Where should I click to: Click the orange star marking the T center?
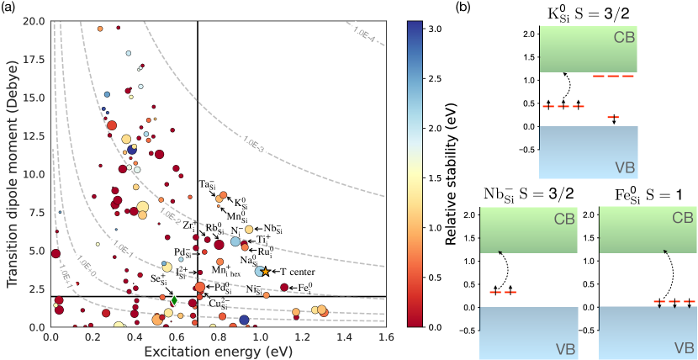pyautogui.click(x=267, y=272)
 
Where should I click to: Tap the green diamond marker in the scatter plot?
pyautogui.click(x=174, y=300)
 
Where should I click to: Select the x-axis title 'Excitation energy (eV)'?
pyautogui.click(x=217, y=349)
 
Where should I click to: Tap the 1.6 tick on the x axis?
pyautogui.click(x=385, y=336)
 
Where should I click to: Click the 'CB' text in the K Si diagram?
pyautogui.click(x=623, y=37)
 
